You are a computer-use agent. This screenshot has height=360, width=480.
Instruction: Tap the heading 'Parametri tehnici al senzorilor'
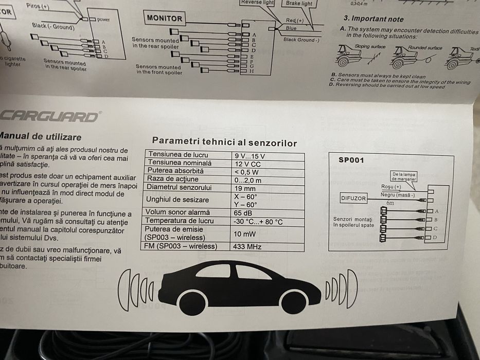tap(224, 142)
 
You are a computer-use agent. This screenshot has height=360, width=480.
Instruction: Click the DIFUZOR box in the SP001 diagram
tap(353, 197)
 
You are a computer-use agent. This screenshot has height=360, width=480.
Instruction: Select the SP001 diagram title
tap(351, 160)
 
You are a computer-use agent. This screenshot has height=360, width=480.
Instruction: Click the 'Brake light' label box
tap(299, 4)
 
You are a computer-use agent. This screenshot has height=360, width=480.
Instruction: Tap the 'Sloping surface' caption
tap(369, 47)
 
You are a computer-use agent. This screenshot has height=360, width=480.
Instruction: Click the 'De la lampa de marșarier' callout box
tap(404, 176)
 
